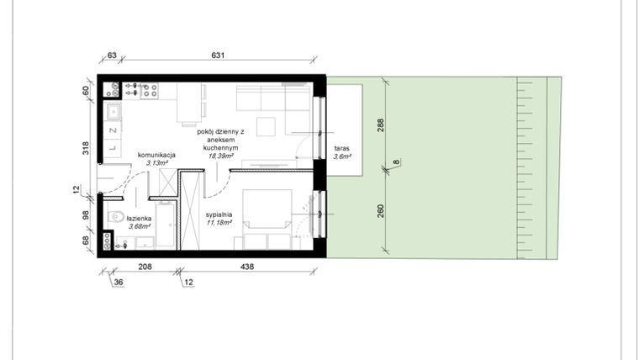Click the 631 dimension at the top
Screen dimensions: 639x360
click(218, 55)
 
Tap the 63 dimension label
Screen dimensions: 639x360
click(112, 55)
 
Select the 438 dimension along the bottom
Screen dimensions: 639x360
click(247, 267)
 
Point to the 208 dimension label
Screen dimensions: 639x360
click(145, 267)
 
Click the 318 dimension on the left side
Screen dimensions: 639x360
click(86, 147)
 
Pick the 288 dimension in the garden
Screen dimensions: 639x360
click(380, 125)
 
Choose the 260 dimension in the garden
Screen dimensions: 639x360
click(380, 211)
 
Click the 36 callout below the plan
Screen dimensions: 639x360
click(119, 282)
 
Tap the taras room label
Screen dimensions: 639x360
click(341, 148)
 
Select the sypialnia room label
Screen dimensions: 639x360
click(219, 214)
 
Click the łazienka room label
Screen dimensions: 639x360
click(139, 219)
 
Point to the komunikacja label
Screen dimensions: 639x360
click(156, 155)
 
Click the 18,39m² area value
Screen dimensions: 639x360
click(220, 156)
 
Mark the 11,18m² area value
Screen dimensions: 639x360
click(219, 223)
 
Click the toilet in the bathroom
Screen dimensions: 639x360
click(116, 216)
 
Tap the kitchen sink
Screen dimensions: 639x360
click(113, 111)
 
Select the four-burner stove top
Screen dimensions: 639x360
click(149, 91)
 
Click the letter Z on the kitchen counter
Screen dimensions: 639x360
click(114, 130)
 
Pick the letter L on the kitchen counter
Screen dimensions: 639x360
click(113, 147)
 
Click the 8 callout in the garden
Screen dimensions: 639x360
click(396, 162)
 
